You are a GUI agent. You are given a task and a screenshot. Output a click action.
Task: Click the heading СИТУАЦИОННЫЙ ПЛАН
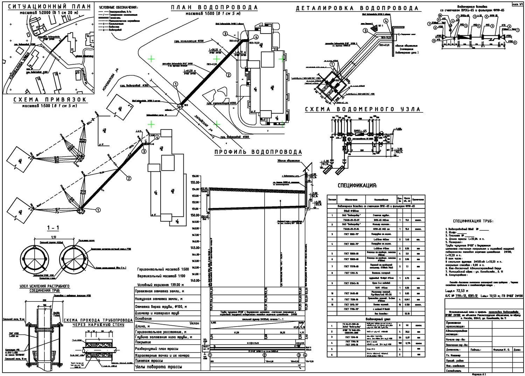coord(49,7)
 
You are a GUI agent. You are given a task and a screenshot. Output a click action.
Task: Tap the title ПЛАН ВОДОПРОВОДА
coord(214,7)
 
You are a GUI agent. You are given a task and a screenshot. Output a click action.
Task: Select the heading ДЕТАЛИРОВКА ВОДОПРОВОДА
coord(357,8)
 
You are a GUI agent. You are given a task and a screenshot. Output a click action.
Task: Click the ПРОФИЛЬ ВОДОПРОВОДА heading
coord(258,152)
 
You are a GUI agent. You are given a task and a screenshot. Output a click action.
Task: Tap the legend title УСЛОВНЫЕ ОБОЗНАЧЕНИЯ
coord(118,7)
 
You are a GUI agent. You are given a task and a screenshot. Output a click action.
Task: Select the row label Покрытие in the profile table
coord(143,343)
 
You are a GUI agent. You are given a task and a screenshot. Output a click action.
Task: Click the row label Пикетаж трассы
coord(149,361)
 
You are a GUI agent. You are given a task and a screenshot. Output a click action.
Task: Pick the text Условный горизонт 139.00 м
coord(161,285)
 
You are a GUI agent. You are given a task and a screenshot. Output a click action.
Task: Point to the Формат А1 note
coord(478,374)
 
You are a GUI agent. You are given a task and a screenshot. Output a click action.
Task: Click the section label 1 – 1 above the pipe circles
coord(53,228)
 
